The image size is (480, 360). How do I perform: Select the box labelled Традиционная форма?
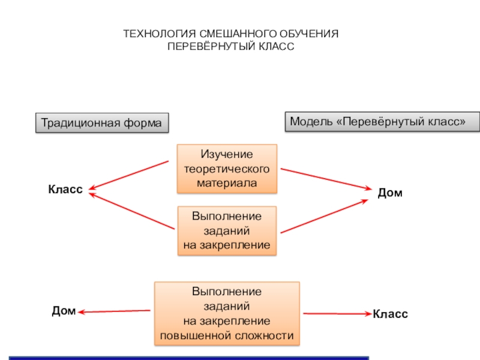[101, 123]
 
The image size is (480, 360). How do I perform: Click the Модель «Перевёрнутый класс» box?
[382, 121]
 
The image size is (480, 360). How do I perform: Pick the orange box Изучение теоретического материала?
[227, 169]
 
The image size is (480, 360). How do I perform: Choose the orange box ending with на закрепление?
[227, 231]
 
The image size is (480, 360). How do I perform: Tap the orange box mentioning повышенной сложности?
[227, 314]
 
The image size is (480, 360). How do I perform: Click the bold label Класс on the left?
[65, 189]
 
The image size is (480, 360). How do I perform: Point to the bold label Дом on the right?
[389, 193]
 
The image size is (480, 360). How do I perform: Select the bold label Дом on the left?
[63, 311]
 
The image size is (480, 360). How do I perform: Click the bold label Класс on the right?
[390, 314]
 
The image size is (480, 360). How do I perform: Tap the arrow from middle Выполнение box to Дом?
[325, 216]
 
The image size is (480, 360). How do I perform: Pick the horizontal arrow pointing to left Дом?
[114, 311]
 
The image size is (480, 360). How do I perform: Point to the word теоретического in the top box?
[227, 169]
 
